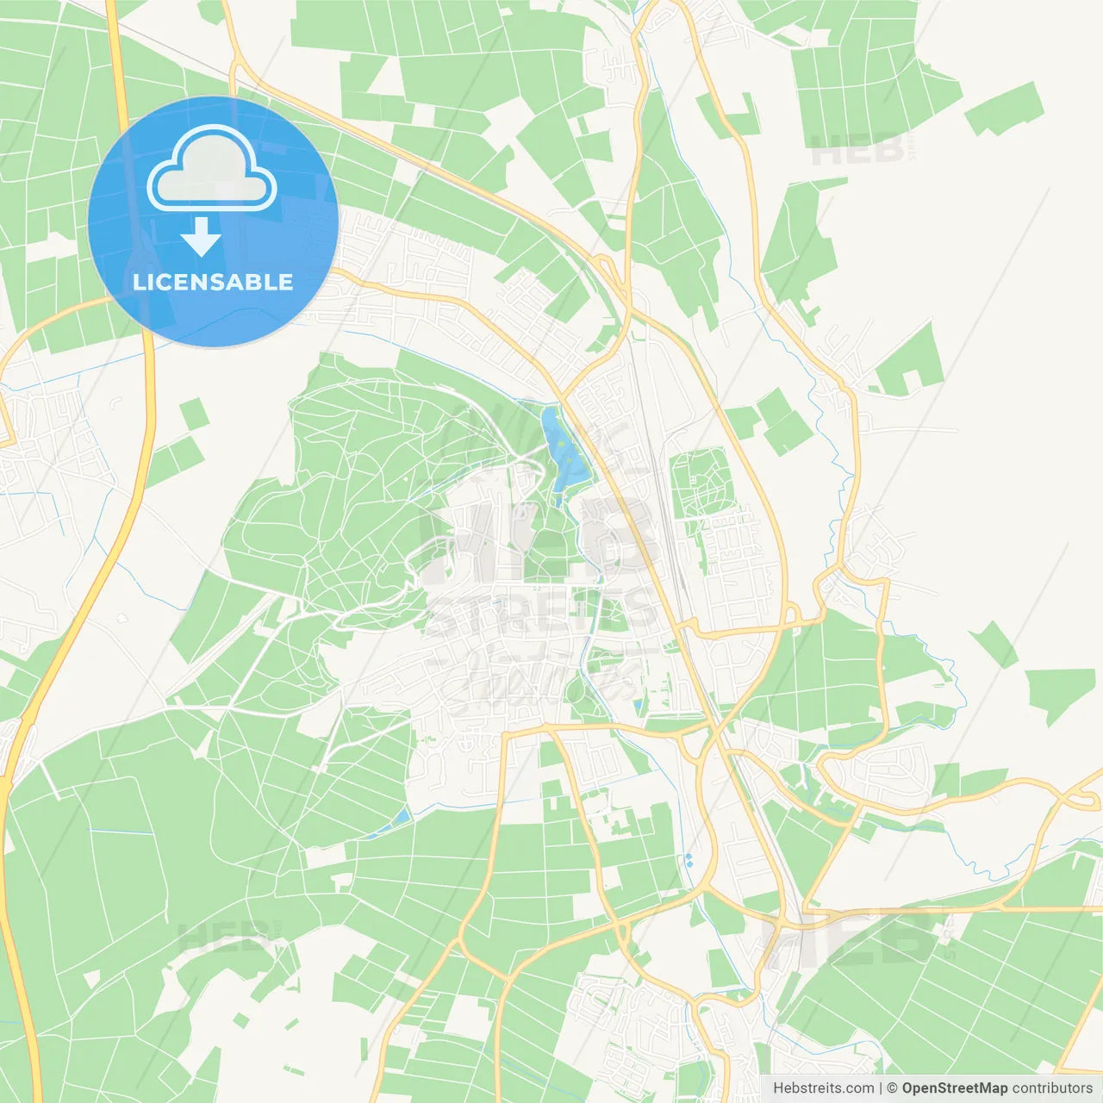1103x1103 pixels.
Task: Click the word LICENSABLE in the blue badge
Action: (213, 282)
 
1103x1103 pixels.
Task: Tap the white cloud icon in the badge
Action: (212, 169)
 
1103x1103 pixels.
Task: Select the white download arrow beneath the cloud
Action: (201, 236)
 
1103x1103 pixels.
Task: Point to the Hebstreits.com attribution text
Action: (823, 1088)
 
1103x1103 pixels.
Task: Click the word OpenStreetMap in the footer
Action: (954, 1088)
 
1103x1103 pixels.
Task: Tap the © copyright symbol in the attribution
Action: (893, 1088)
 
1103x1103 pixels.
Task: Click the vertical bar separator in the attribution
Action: (881, 1088)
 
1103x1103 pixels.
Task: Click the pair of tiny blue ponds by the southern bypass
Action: (689, 860)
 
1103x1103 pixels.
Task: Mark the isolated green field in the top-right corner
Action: (1005, 109)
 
